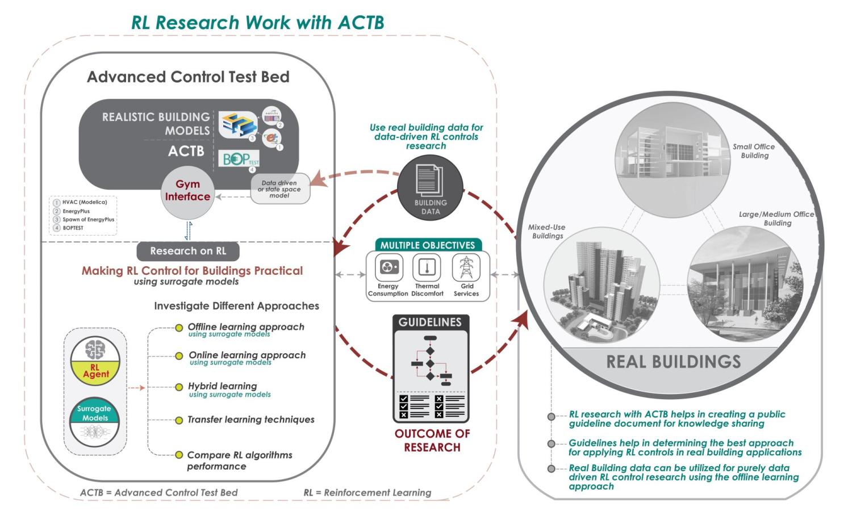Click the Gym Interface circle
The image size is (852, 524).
pyautogui.click(x=187, y=191)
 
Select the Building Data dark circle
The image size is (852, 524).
pyautogui.click(x=430, y=188)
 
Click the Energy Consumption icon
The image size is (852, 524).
pyautogui.click(x=388, y=267)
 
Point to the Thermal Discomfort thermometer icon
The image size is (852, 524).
pyautogui.click(x=427, y=267)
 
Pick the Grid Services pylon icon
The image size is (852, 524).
pyautogui.click(x=466, y=267)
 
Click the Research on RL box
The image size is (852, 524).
pyautogui.click(x=188, y=251)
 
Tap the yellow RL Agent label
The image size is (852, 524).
pyautogui.click(x=95, y=371)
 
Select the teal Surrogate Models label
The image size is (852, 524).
pyautogui.click(x=94, y=413)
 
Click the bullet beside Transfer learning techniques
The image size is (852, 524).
pyautogui.click(x=179, y=420)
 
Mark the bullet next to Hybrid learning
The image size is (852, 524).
pyautogui.click(x=179, y=387)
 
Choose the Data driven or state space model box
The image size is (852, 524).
pyautogui.click(x=279, y=189)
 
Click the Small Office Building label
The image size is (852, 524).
pyautogui.click(x=754, y=151)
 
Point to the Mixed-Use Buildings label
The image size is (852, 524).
pyautogui.click(x=547, y=232)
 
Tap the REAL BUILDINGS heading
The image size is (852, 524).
pyautogui.click(x=673, y=362)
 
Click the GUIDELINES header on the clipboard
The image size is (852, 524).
pyautogui.click(x=430, y=322)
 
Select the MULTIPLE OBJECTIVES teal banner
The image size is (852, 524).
pyautogui.click(x=427, y=245)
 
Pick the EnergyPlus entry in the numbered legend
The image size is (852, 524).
pyautogui.click(x=76, y=211)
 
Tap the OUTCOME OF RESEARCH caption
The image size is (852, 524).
pyautogui.click(x=432, y=441)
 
